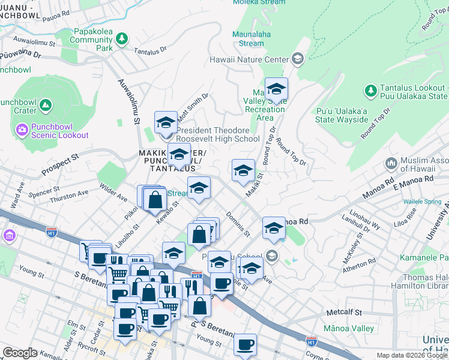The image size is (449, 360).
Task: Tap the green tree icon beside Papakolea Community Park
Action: coord(122,39)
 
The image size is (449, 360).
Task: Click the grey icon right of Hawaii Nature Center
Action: coord(297,59)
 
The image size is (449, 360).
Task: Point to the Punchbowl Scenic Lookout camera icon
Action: coord(22,129)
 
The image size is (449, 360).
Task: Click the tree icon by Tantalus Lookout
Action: coord(370,91)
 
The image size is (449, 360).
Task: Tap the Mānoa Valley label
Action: coord(349,328)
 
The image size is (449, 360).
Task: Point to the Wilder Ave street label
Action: coord(113,193)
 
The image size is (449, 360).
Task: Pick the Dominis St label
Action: coord(238,223)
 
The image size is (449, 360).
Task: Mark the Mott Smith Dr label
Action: coord(192,106)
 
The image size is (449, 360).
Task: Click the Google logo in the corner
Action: coord(20,353)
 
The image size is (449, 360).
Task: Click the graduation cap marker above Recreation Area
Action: coord(276,89)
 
